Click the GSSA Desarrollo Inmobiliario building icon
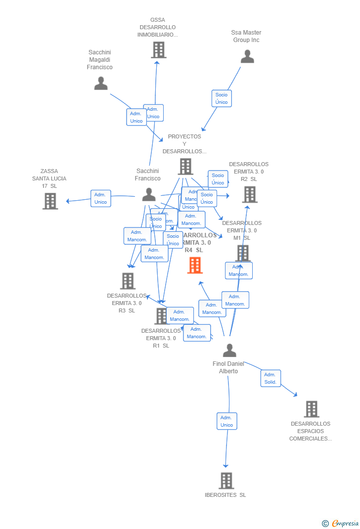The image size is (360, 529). (158, 50)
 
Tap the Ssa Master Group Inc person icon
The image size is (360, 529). (247, 57)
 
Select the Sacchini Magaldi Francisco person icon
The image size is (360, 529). (101, 84)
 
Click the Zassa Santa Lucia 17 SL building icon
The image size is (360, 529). (50, 201)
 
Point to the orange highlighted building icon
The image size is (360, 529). (195, 265)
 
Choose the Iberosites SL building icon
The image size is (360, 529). (226, 481)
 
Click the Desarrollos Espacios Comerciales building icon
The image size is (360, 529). (311, 409)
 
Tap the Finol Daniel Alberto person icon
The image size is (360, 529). (229, 351)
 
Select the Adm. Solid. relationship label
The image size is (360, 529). (270, 378)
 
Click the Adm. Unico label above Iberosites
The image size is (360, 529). (226, 421)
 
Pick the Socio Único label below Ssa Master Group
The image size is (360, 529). (222, 98)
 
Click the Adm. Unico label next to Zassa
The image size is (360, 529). (101, 198)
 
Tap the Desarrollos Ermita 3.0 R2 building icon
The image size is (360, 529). (250, 195)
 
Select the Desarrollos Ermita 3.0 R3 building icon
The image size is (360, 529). (128, 281)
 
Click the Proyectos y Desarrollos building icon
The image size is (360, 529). (185, 167)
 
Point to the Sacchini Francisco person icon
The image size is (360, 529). (149, 195)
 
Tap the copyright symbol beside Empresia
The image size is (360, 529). (325, 523)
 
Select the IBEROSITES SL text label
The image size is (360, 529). (225, 495)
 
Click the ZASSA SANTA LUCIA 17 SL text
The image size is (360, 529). (49, 178)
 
